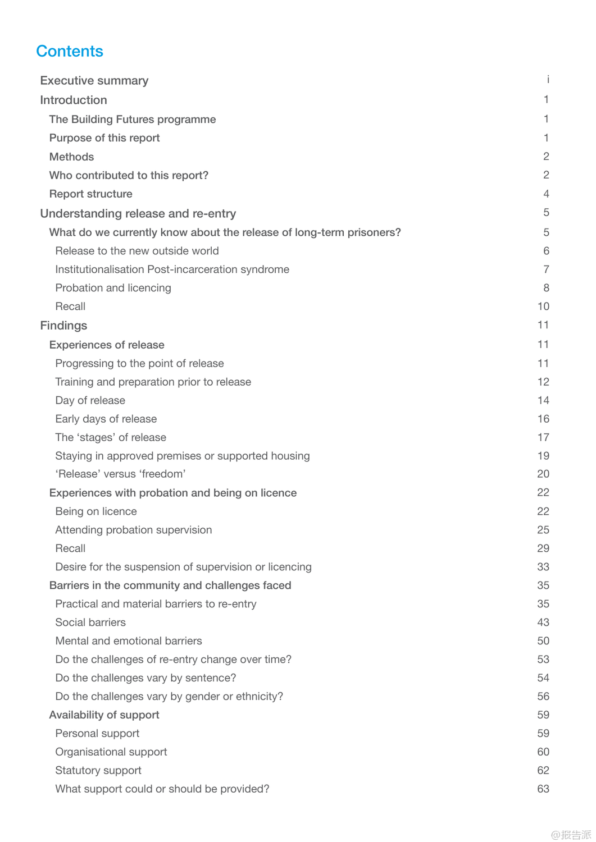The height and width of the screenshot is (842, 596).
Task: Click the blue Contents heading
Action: (x=70, y=51)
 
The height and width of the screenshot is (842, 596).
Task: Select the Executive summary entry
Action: (x=94, y=81)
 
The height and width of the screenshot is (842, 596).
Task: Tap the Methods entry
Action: (x=71, y=157)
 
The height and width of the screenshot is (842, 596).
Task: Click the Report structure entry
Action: (x=90, y=194)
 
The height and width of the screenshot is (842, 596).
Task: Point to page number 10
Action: (x=543, y=306)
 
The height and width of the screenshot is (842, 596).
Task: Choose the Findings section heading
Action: (x=63, y=326)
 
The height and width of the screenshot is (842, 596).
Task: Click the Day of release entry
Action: (x=90, y=400)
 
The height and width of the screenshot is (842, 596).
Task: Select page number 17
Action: (x=543, y=437)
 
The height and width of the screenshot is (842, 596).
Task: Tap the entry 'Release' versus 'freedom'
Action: (x=120, y=474)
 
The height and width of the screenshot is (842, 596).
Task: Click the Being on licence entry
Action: (x=96, y=511)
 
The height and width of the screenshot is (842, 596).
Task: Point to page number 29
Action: (x=543, y=548)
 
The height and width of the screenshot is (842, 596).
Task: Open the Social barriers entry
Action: (x=90, y=623)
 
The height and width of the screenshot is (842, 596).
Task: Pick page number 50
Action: (x=543, y=641)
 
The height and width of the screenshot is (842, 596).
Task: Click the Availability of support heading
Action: (x=104, y=715)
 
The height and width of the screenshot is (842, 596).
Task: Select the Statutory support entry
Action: (x=98, y=771)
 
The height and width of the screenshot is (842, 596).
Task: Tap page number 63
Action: (x=543, y=789)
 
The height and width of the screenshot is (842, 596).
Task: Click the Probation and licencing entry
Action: (x=113, y=288)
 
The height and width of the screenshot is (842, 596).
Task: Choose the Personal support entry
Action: (x=97, y=734)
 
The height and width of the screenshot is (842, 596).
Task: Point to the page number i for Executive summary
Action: (x=548, y=80)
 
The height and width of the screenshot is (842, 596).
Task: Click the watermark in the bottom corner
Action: (x=571, y=835)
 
